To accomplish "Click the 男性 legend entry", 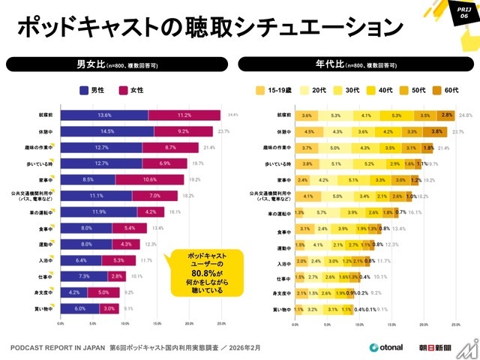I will tap(92, 90).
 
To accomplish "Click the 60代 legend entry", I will tap(448, 90).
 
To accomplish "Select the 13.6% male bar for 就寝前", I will tap(104, 115).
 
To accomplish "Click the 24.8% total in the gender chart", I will tap(232, 115).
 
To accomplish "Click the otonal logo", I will tap(387, 347).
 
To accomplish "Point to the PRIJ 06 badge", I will tap(462, 12).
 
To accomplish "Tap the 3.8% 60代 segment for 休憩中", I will tap(436, 131).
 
